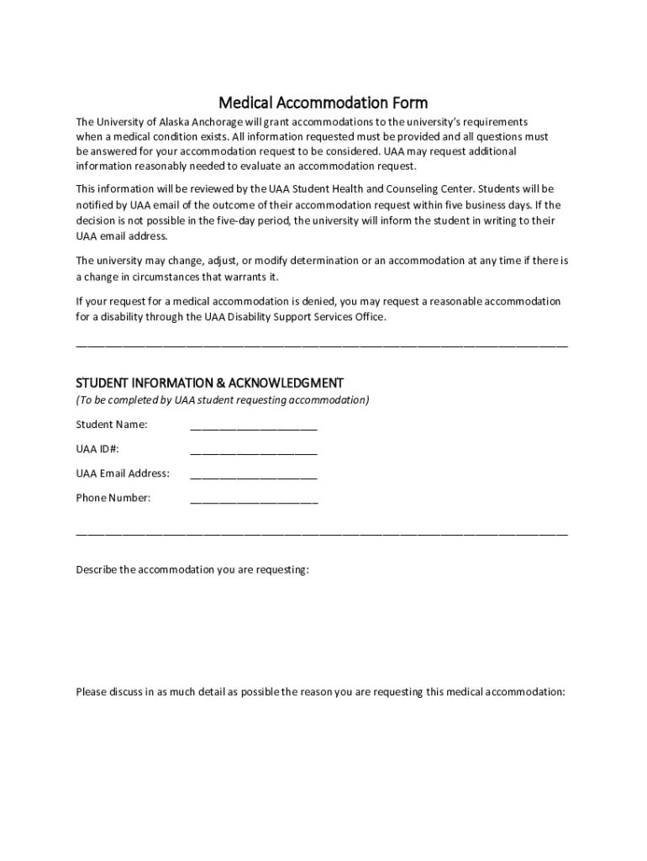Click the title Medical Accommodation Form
coord(323,103)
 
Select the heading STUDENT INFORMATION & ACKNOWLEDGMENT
coord(209,383)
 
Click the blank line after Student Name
coord(254,425)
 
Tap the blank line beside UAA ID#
coord(254,450)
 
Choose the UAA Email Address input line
coord(254,474)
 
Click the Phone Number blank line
coord(254,499)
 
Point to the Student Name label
coord(112,425)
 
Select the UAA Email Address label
coord(123,473)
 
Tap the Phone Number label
coord(113,498)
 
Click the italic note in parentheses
coord(222,400)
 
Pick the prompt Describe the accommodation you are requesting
coord(192,570)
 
